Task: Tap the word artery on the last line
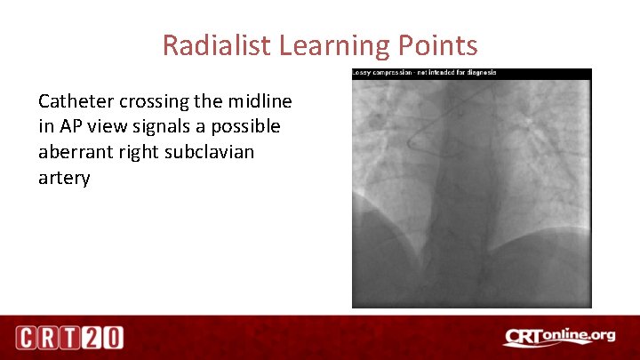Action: [x=64, y=178]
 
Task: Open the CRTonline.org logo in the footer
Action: [x=559, y=337]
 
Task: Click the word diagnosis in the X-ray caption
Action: [x=480, y=73]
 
